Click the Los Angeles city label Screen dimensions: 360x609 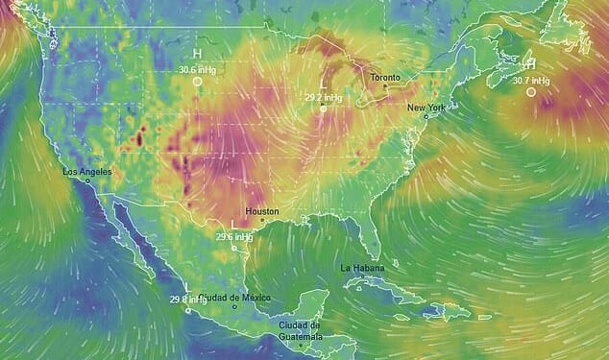coord(86,172)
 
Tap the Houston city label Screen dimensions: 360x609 coord(262,211)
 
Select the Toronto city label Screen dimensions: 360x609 coord(385,76)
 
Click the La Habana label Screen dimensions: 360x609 coord(361,267)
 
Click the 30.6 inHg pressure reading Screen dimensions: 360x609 coord(197,69)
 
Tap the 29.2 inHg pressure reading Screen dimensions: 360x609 coord(323,97)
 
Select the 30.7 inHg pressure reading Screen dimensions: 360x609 coord(530,81)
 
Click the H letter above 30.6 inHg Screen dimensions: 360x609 coord(197,55)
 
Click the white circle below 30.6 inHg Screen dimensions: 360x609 coord(197,82)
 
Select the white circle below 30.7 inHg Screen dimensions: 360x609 coord(531,92)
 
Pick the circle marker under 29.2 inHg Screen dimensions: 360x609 coord(323,108)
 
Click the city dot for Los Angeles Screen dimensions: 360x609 coord(87,180)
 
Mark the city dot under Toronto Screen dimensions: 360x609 coord(385,86)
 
